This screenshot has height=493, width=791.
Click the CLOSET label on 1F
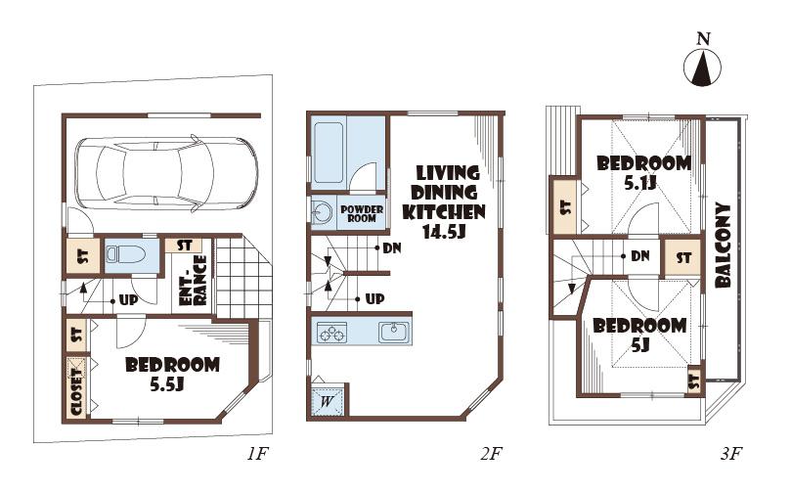coord(76,388)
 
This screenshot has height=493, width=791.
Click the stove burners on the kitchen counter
coord(332,333)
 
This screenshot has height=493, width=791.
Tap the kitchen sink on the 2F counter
coord(394,332)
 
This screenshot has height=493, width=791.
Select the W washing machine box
coord(325,400)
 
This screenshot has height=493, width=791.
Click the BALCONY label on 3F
coord(725,245)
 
